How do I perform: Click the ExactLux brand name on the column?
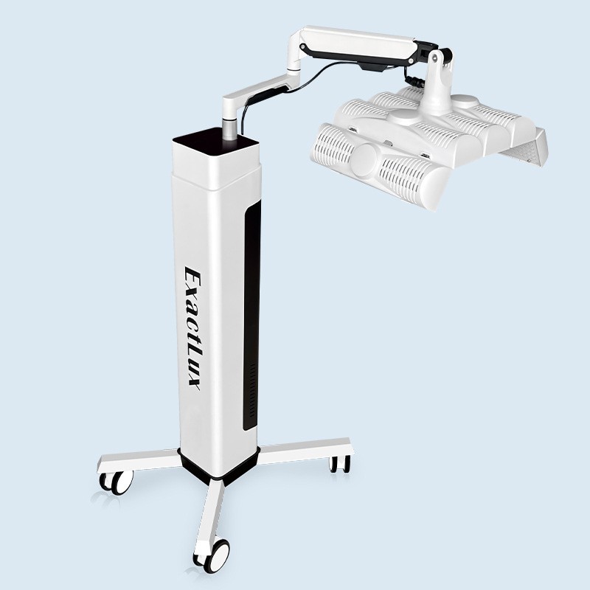point(192,327)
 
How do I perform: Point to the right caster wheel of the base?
point(340,464)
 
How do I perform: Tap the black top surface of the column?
point(215,141)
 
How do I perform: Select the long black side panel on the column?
point(251,316)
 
